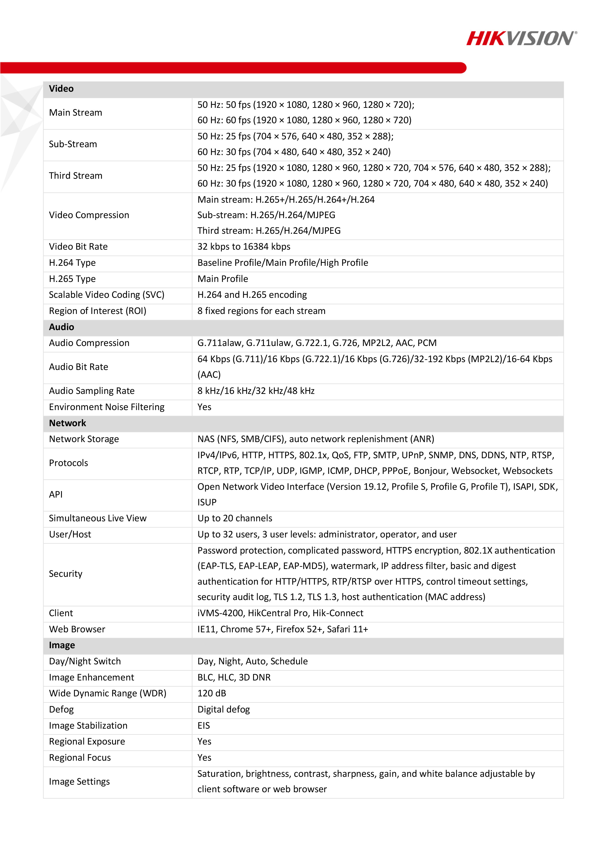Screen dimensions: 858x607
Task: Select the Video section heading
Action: coord(61,89)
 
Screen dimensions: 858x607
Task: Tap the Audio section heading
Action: coord(62,327)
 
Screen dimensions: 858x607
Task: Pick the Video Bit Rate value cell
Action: coord(244,247)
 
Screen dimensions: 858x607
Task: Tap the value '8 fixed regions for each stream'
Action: coord(262,311)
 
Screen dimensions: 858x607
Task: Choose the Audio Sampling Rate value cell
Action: coord(256,391)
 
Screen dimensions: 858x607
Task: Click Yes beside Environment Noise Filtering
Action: coord(205,407)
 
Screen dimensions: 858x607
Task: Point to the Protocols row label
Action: coord(69,463)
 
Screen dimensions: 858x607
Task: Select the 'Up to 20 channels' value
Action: coord(235,518)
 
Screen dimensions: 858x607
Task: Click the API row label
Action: coord(56,495)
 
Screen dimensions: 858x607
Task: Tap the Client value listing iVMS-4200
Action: coord(280,613)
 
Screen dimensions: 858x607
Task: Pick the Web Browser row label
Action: coord(77,629)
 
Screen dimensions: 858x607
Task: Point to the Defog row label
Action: coord(62,709)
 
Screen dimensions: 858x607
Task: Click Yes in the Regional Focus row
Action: coord(205,758)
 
